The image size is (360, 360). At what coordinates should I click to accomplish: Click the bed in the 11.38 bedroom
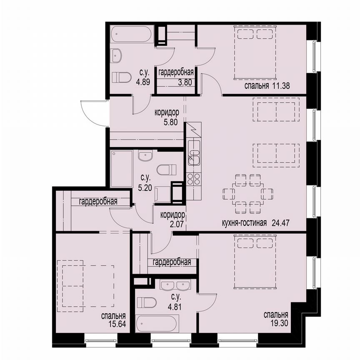255,52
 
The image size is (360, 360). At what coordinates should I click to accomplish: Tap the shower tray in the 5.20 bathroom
121,169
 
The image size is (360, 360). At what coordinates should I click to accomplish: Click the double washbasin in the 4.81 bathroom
175,285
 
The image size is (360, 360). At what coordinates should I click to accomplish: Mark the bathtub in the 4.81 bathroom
158,323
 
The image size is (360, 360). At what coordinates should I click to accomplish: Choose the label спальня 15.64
113,320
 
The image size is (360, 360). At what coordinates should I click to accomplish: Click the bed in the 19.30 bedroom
255,261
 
